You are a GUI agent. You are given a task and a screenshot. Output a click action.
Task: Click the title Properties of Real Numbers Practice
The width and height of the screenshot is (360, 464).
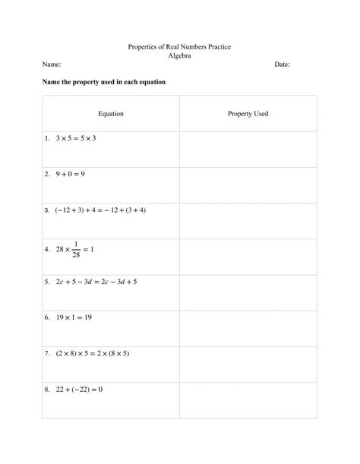179,47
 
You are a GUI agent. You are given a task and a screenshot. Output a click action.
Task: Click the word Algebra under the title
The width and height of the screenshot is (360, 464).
179,56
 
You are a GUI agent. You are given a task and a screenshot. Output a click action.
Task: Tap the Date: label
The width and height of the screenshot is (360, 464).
282,65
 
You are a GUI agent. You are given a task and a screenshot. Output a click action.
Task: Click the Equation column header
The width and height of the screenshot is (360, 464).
111,114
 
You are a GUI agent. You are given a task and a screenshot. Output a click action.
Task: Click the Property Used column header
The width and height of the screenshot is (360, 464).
248,114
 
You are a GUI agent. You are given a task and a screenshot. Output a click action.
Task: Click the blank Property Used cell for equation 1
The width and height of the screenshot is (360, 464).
248,149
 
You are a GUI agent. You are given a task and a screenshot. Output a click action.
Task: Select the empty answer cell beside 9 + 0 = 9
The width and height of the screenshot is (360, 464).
248,185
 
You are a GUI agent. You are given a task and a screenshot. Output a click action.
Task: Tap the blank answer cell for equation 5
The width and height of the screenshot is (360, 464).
248,292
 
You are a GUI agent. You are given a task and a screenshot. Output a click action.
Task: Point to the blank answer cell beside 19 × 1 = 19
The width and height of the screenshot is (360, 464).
248,328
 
